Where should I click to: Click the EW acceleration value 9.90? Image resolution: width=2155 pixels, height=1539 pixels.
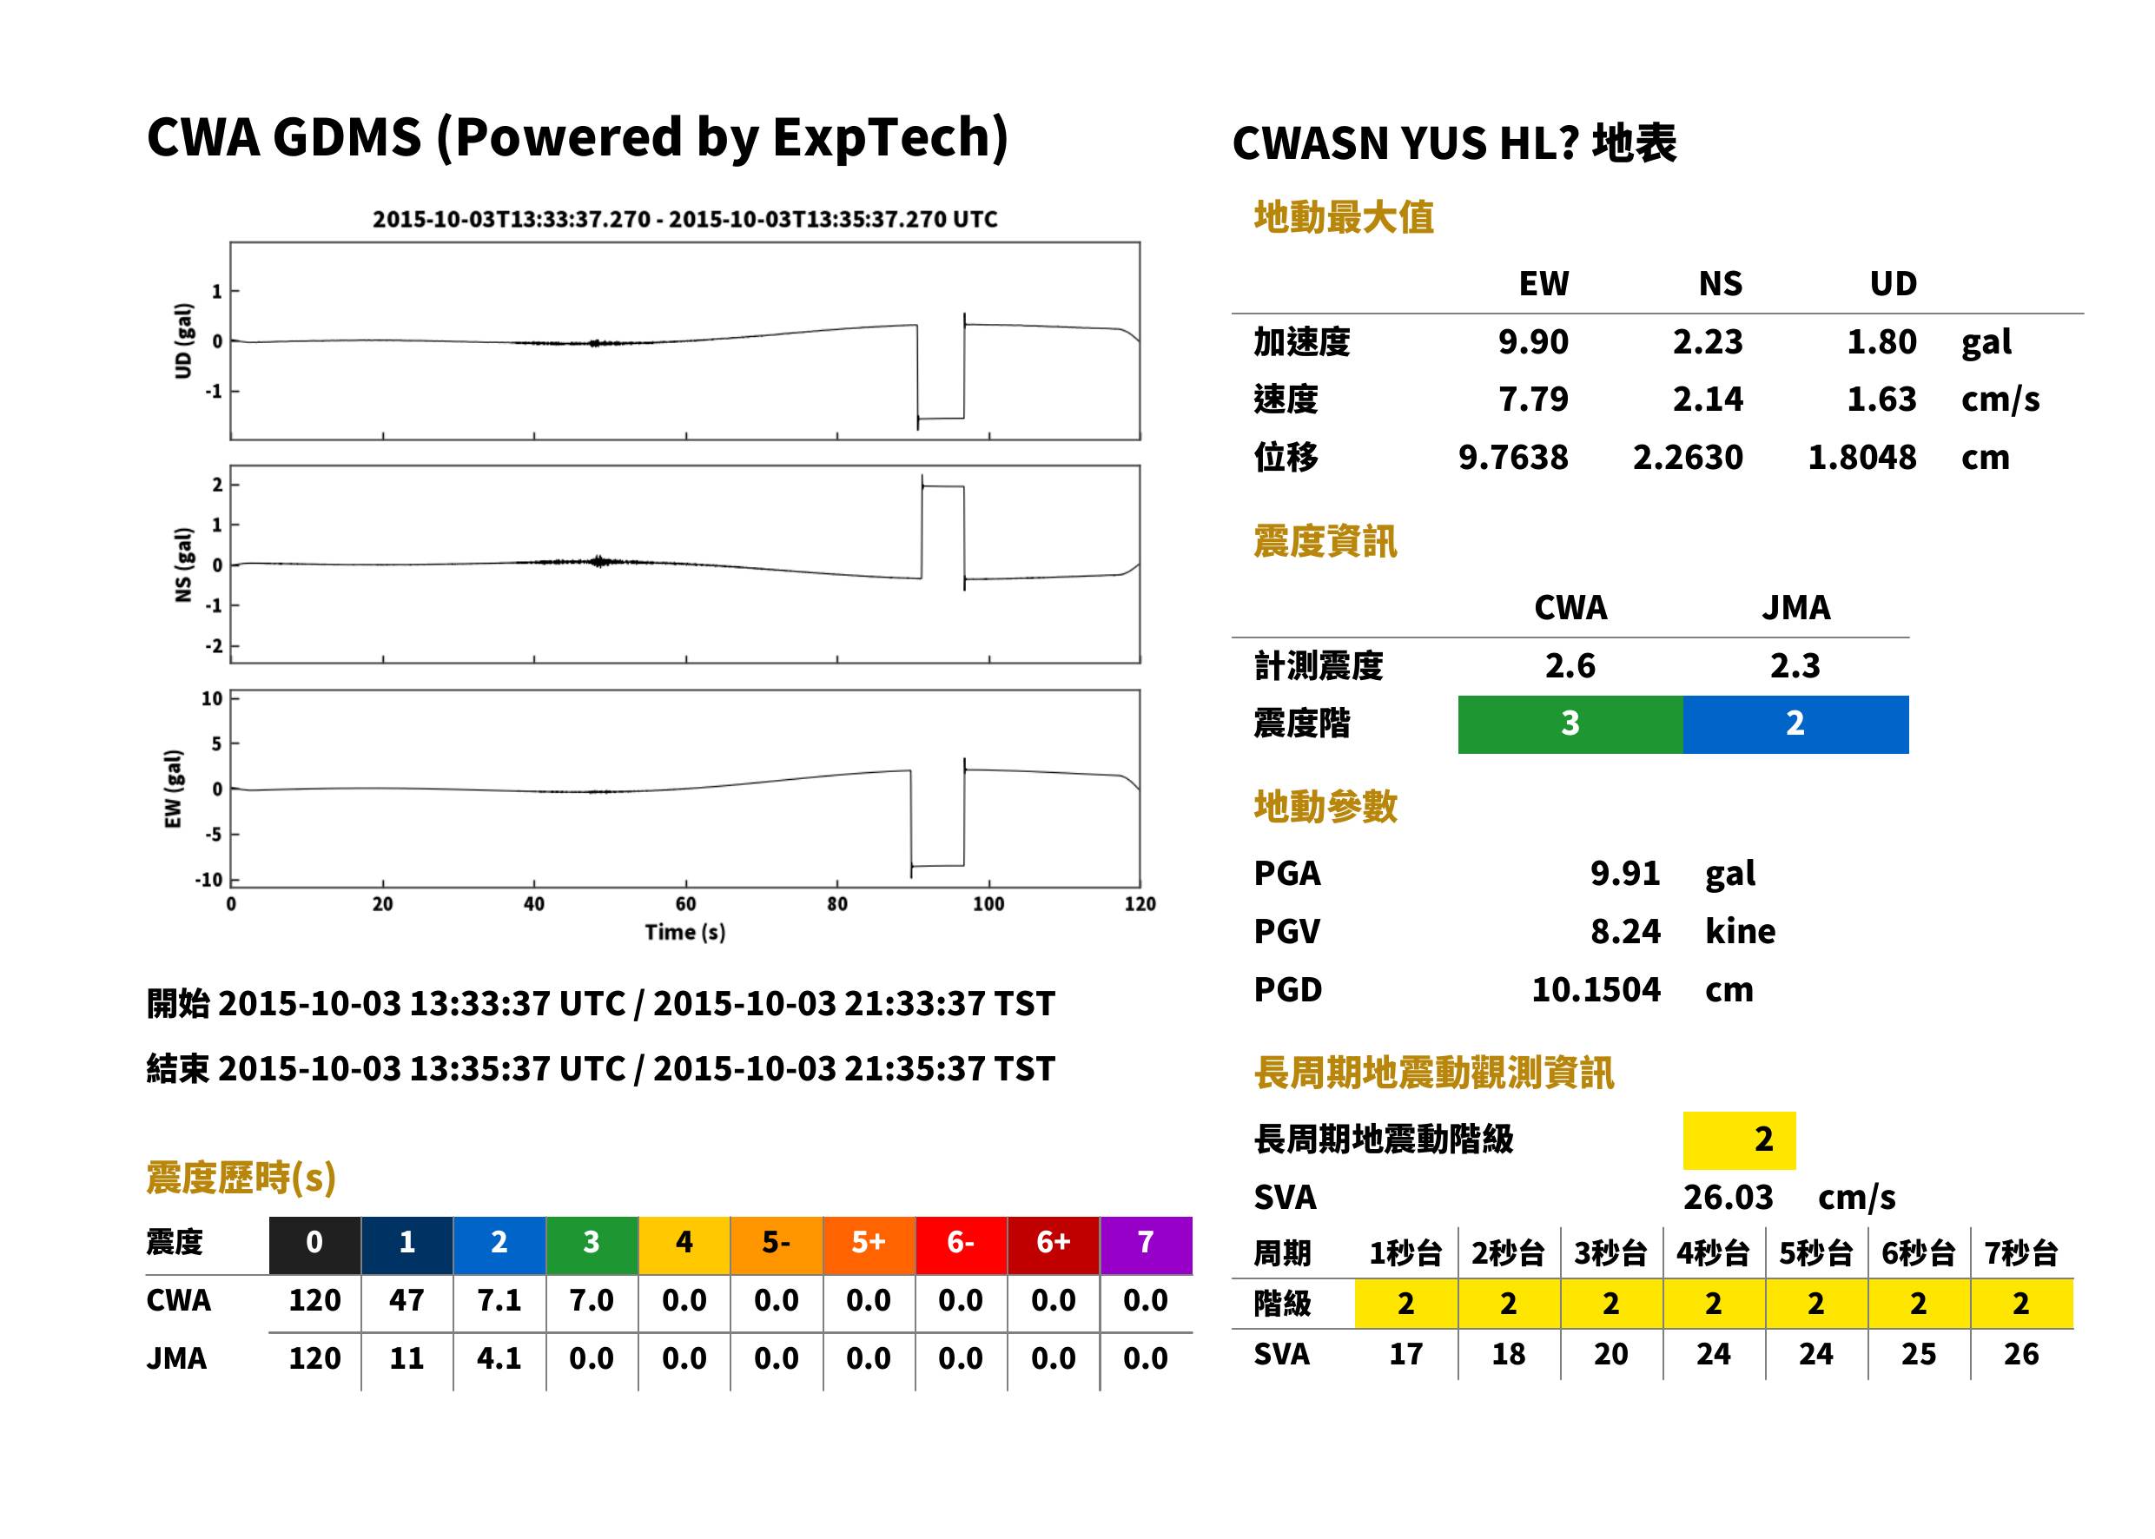[1532, 341]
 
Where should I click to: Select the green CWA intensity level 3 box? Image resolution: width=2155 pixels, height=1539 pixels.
[1570, 724]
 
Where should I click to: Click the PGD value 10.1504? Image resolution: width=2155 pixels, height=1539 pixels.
[1596, 989]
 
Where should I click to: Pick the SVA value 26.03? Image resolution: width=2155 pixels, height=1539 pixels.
[1728, 1197]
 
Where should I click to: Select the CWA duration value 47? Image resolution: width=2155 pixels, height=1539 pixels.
[407, 1300]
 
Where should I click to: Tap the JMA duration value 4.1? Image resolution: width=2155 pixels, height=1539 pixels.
[499, 1358]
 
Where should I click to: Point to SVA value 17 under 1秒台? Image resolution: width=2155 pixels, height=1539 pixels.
[1405, 1353]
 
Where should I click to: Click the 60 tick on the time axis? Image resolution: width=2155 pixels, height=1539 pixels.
[685, 904]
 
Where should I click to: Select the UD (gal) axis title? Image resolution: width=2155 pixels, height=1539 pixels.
[184, 341]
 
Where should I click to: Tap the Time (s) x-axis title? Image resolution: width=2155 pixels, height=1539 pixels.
[685, 933]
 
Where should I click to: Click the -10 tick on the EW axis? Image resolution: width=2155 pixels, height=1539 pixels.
[208, 880]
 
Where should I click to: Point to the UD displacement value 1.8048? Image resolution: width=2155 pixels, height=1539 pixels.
[1861, 458]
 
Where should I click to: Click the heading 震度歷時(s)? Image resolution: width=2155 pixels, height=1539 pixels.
[241, 1178]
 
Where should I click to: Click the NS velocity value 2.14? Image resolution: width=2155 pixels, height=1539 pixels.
[1707, 399]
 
